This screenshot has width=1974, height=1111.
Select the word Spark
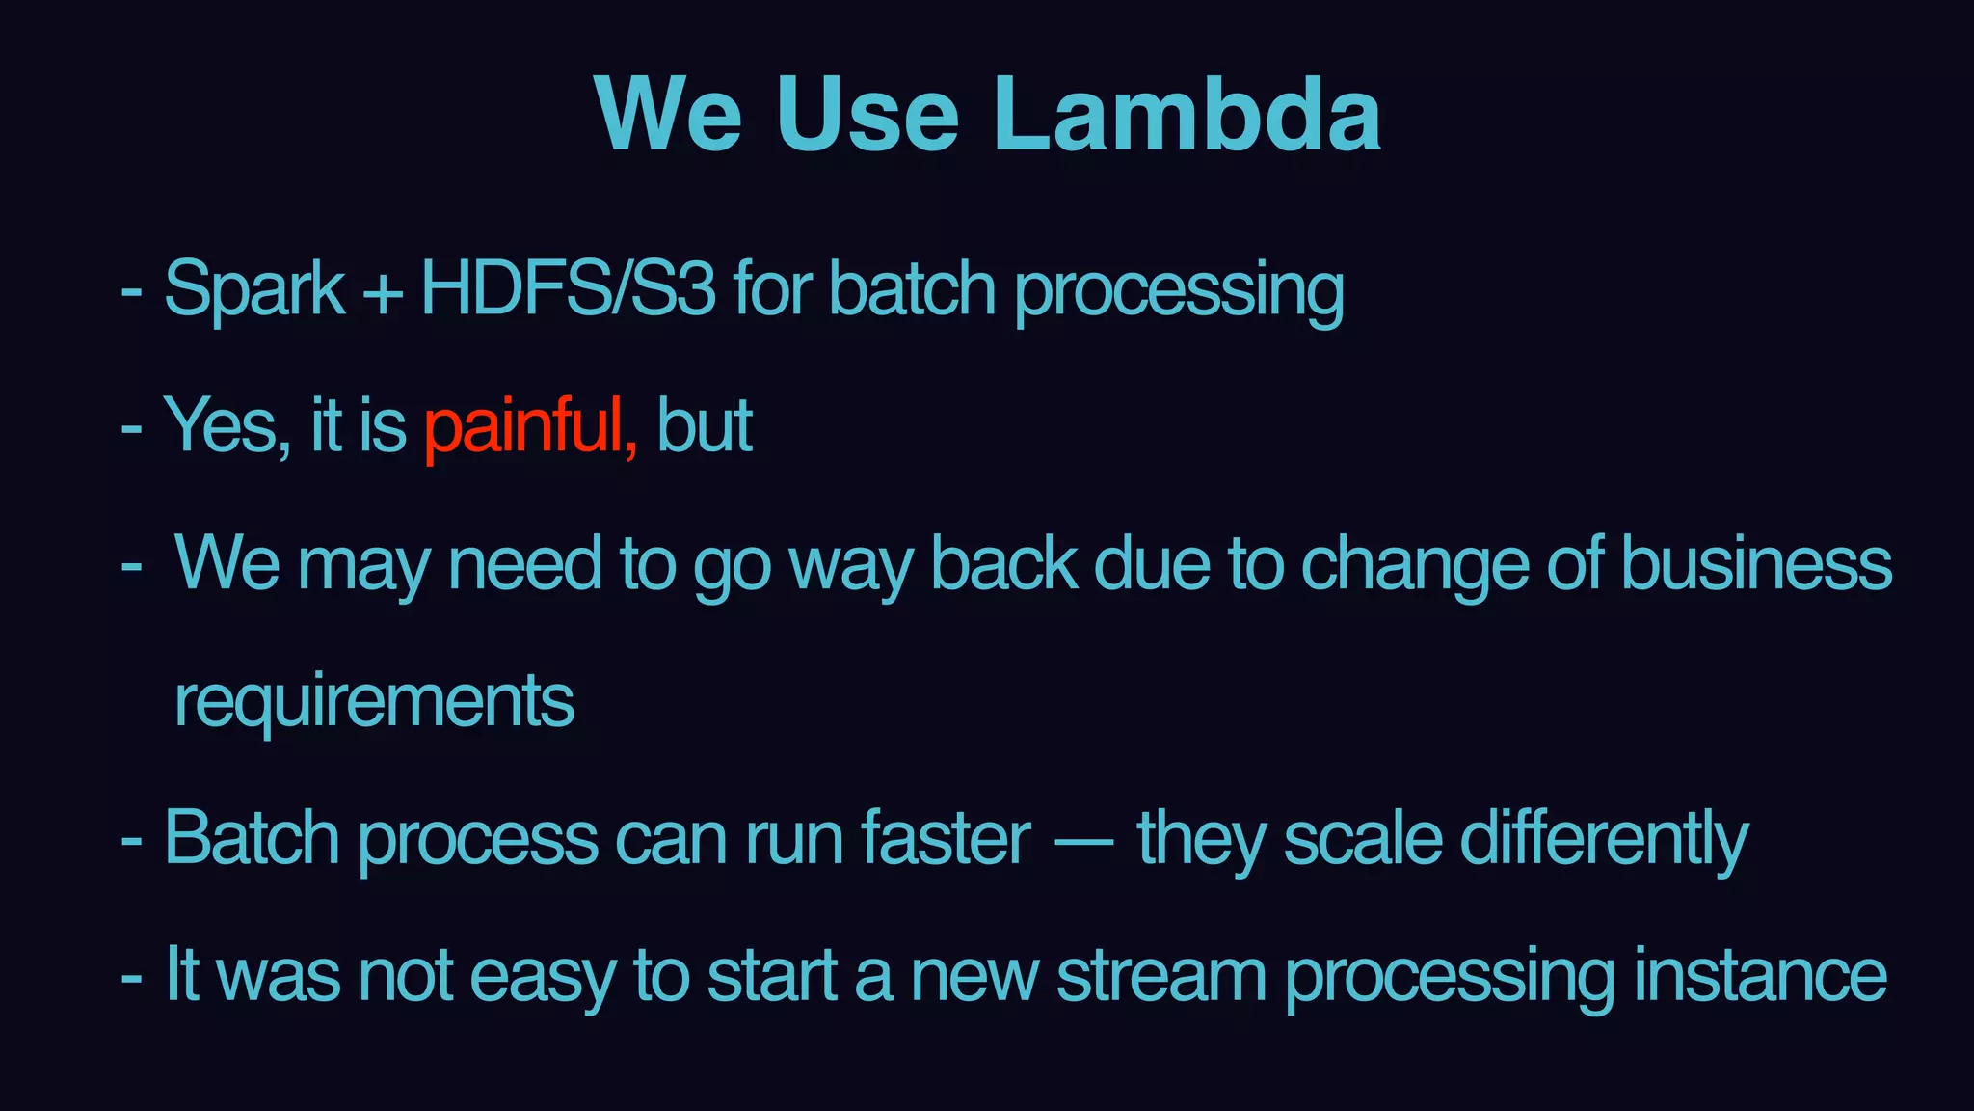[x=254, y=289]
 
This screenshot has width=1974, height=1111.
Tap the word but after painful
[x=704, y=426]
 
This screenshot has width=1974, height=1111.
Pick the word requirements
[x=374, y=702]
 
